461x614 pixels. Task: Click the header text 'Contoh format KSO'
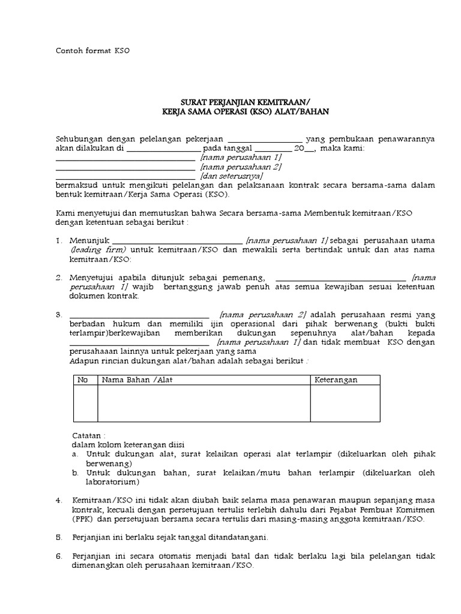(x=92, y=51)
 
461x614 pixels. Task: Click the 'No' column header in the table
(x=83, y=380)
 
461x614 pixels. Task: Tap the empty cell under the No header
(x=85, y=404)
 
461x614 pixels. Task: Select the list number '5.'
(x=59, y=537)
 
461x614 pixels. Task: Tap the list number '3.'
(x=59, y=315)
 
